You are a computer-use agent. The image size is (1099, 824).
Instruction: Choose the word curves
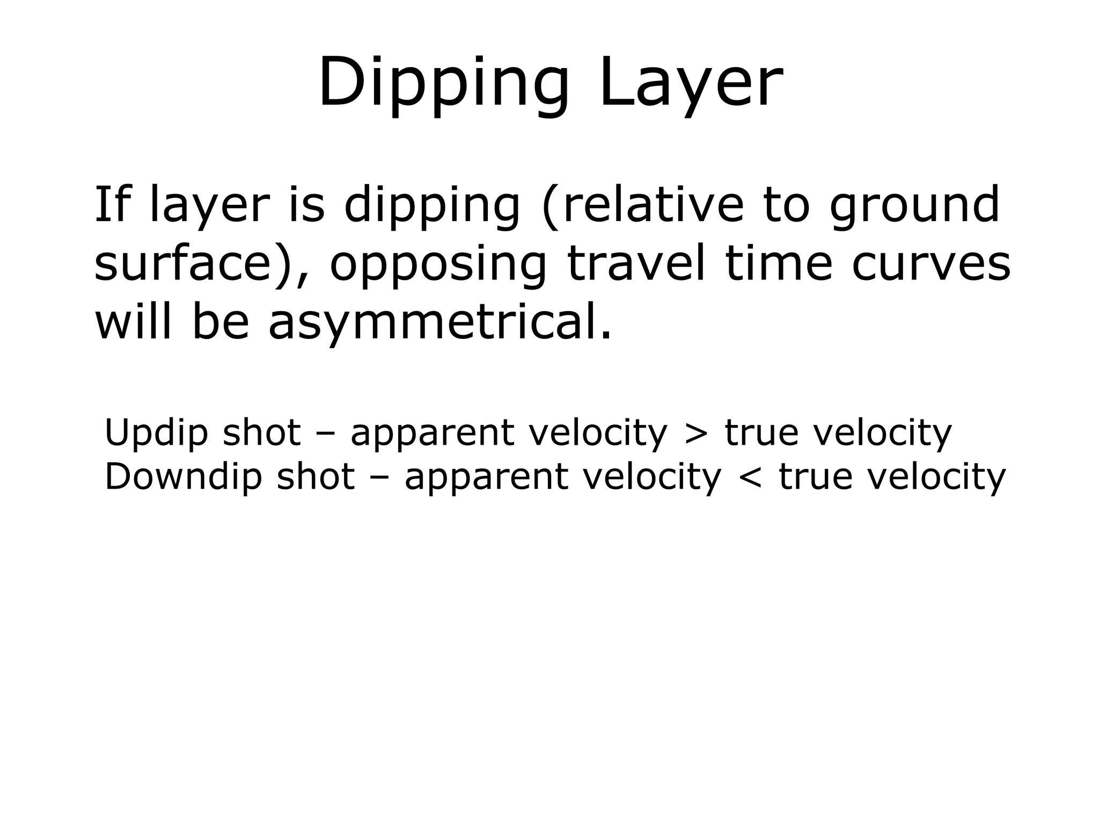(x=931, y=264)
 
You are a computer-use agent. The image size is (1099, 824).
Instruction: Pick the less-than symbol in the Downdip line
(x=750, y=476)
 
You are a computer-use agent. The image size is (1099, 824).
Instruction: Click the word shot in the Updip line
(x=261, y=432)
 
